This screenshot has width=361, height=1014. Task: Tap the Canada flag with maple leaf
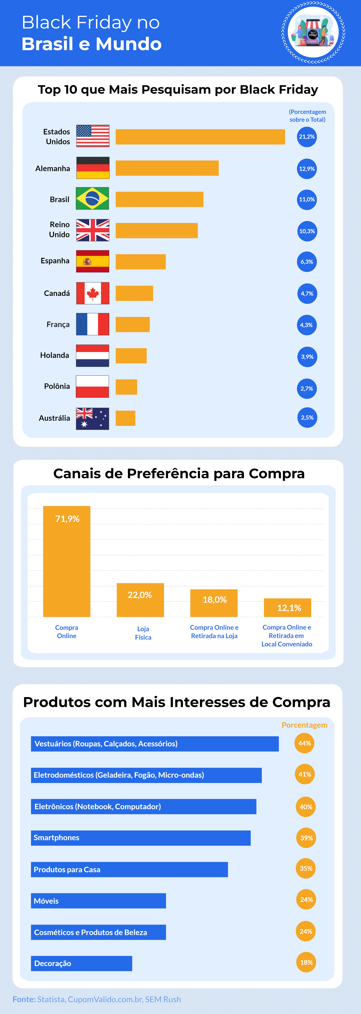coord(93,293)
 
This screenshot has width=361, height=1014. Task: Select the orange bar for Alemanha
coord(167,168)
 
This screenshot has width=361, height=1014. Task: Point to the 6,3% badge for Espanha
coord(307,262)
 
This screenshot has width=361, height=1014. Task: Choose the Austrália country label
coord(54,418)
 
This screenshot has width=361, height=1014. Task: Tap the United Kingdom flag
coord(93,230)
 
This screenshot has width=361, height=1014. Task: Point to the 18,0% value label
coord(215,599)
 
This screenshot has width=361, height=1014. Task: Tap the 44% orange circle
coord(304,743)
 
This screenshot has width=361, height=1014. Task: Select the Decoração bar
coord(81,963)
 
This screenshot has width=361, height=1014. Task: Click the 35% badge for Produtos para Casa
coord(306,868)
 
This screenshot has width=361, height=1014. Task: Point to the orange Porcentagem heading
coord(304,725)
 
